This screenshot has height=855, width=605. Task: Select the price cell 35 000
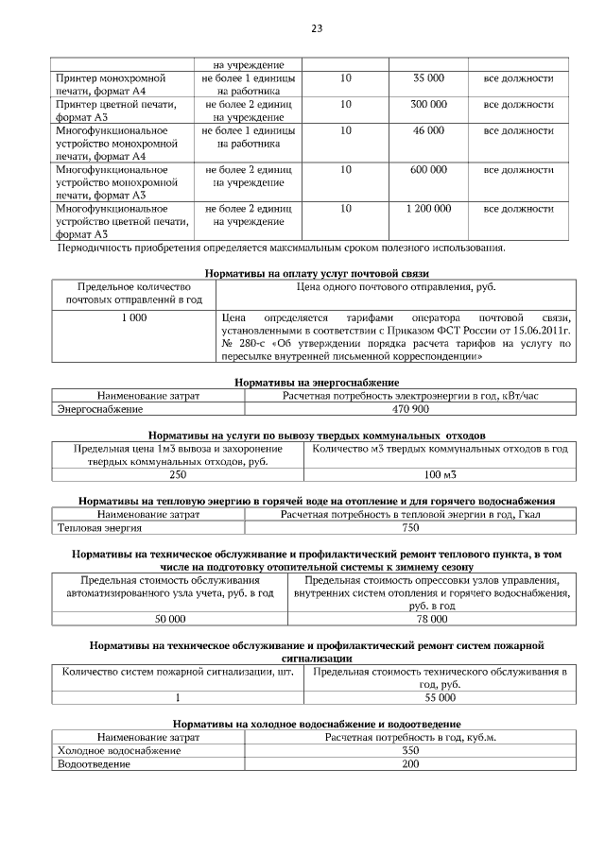(428, 77)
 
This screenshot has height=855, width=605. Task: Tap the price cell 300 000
(428, 104)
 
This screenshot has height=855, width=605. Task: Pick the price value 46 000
(428, 130)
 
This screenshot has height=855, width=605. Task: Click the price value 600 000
(428, 169)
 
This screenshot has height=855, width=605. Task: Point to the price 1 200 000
(428, 208)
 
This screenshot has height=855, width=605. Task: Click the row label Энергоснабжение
(100, 409)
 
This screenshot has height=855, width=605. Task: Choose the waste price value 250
(177, 474)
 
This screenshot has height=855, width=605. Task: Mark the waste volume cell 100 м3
(440, 474)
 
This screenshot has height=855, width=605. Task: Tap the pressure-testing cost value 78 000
(434, 619)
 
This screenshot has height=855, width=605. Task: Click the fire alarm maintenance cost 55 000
(440, 697)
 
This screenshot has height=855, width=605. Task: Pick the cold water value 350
(410, 750)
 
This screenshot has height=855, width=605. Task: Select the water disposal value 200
(410, 763)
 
